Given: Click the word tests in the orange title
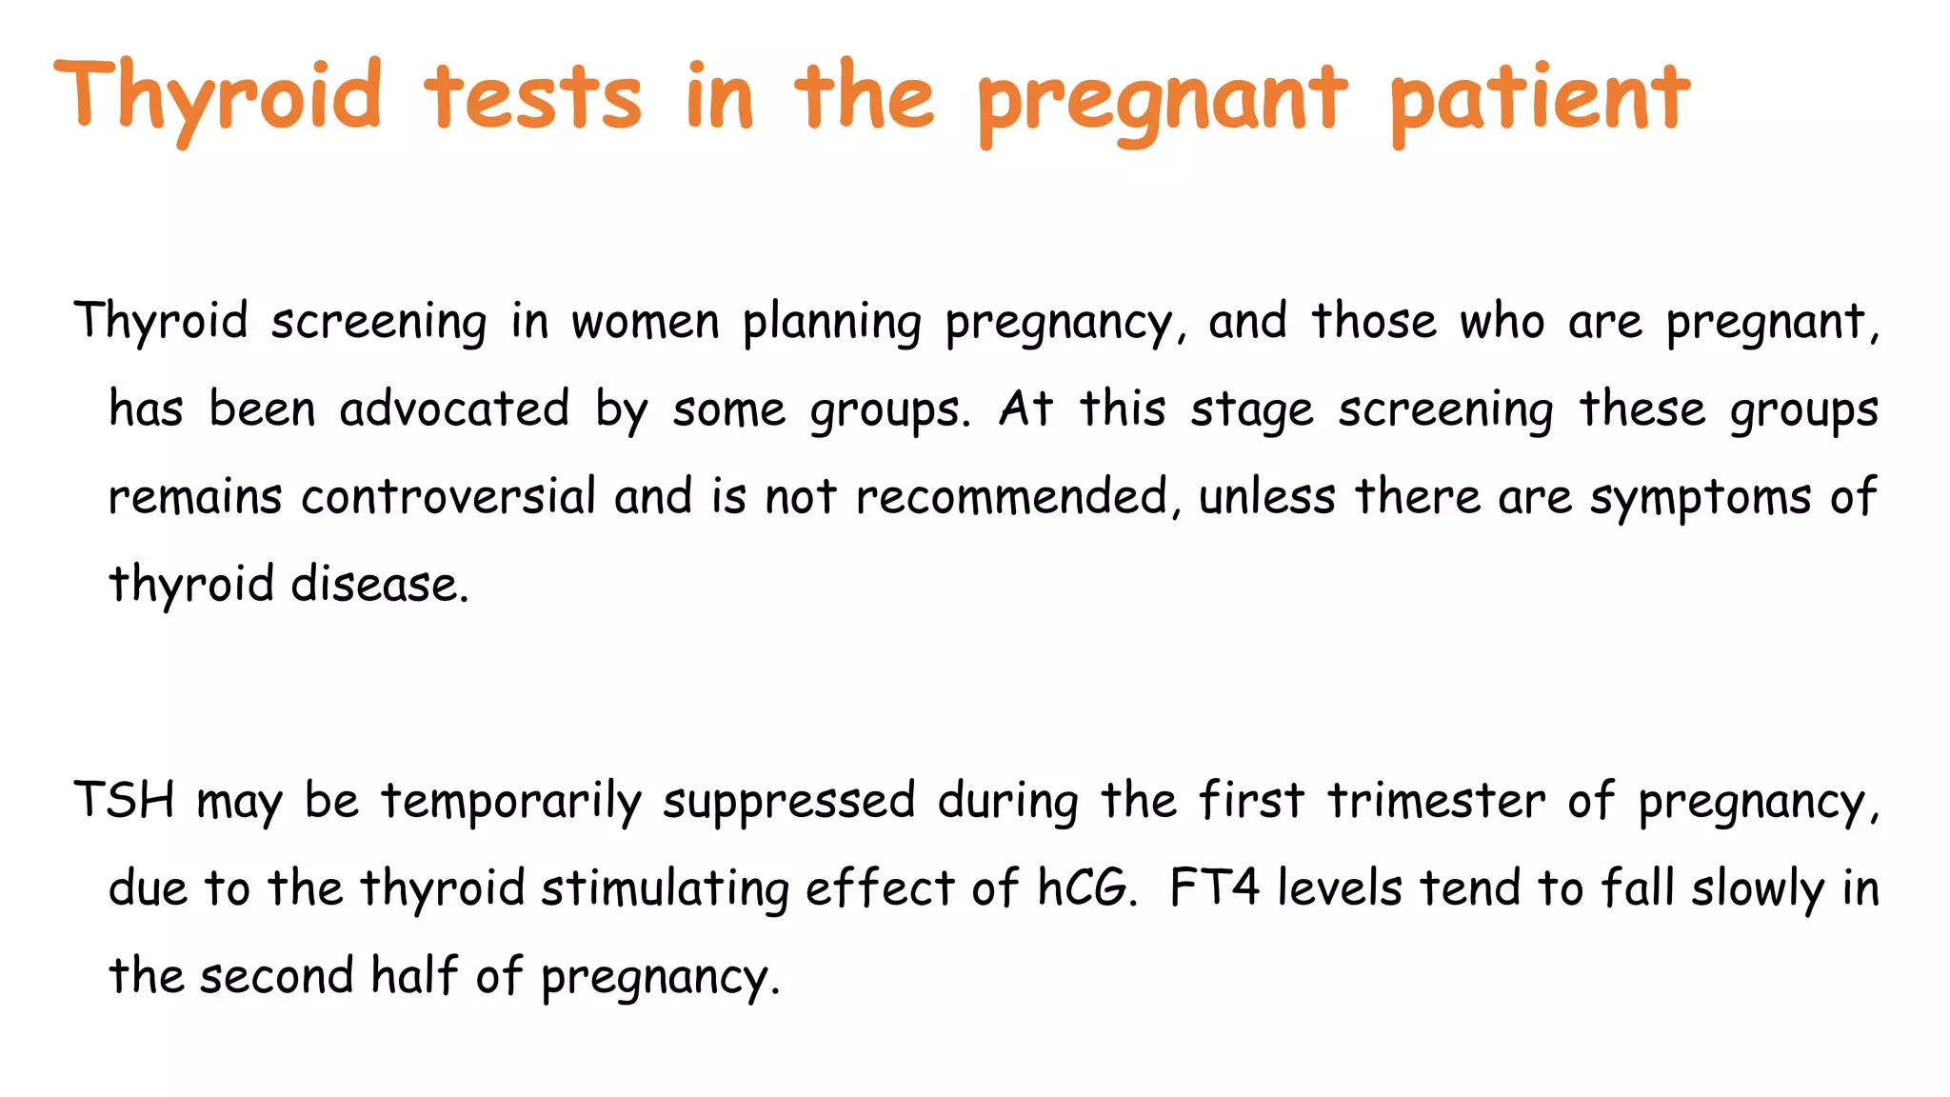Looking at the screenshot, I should [x=533, y=97].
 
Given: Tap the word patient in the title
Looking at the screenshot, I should [x=1539, y=99].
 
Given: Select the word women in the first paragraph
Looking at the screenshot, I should [x=645, y=322].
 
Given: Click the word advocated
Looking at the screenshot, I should [x=454, y=409].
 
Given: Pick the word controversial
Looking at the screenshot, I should [x=448, y=497].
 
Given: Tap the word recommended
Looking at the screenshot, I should [x=1012, y=497].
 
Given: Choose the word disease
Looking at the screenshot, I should [x=379, y=585].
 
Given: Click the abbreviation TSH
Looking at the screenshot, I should [x=125, y=800].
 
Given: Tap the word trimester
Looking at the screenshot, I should [x=1437, y=800].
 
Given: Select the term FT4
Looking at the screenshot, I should [x=1214, y=888].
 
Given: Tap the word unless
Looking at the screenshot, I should [x=1266, y=497].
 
